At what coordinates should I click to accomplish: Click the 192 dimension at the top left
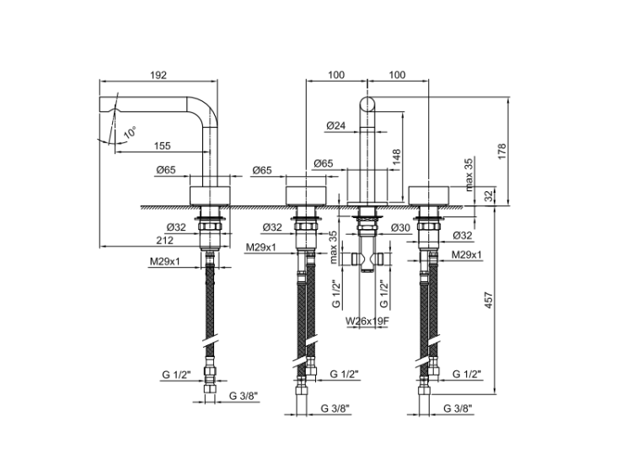pos(158,75)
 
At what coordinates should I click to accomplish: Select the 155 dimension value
pos(163,146)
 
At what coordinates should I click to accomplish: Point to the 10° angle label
pos(129,132)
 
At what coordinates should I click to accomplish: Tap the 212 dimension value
pos(164,240)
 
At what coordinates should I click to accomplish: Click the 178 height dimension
pos(503,150)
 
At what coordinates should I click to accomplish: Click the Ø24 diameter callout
pos(336,125)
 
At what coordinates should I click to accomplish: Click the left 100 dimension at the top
pos(336,75)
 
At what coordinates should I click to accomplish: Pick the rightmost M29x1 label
pos(466,254)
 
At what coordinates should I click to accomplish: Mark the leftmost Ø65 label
pos(166,170)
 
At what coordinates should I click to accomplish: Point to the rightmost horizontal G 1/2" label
pos(467,373)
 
